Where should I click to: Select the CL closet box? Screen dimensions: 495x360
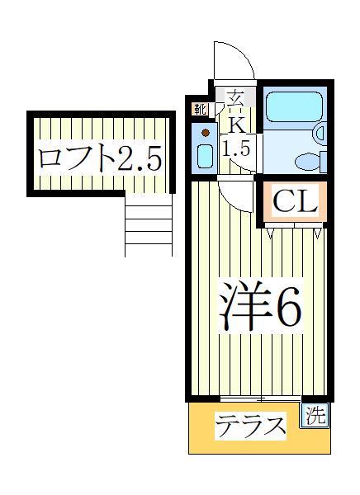click(x=294, y=202)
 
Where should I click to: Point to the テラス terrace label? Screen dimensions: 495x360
click(x=250, y=427)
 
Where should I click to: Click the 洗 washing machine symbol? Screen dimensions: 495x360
click(x=315, y=417)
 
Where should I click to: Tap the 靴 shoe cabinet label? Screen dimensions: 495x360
click(x=201, y=109)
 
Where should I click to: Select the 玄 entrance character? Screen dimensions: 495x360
click(x=235, y=97)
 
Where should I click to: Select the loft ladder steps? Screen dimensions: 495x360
click(x=149, y=226)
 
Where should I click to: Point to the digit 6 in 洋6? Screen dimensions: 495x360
click(x=286, y=307)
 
